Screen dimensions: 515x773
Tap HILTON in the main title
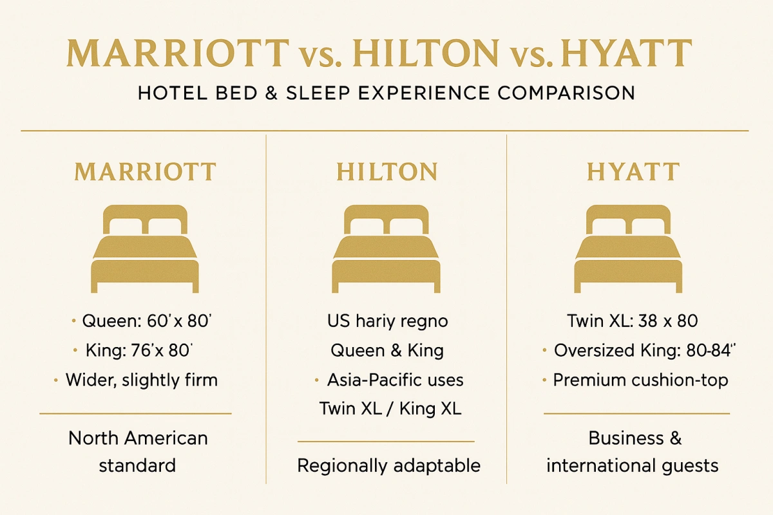pos(426,53)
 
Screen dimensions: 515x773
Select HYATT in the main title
pos(627,53)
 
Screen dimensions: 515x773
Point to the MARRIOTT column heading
pos(145,173)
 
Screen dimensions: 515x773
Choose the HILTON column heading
pos(386,173)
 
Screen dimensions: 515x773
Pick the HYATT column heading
pos(633,173)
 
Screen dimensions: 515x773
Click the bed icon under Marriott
pos(146,248)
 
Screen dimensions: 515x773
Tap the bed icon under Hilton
pos(386,248)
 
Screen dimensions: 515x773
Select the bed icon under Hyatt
pos(629,248)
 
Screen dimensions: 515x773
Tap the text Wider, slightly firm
pos(142,380)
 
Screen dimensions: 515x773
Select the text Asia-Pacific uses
pos(395,380)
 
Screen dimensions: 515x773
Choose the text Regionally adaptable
pos(388,465)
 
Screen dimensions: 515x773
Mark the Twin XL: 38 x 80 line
pos(633,321)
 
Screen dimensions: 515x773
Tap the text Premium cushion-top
pos(640,380)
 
